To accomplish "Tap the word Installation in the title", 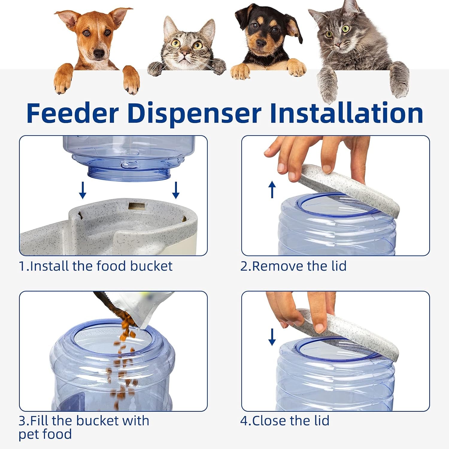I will (x=346, y=113).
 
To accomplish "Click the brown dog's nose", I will (x=98, y=54).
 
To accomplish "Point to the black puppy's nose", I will (x=261, y=44).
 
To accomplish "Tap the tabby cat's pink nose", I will (x=185, y=54).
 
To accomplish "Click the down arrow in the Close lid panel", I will (x=272, y=337).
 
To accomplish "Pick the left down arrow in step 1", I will (x=83, y=190).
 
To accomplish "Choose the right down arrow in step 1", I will (x=176, y=190).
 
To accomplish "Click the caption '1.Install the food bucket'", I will (x=96, y=266).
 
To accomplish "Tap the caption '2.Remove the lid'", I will (x=293, y=266).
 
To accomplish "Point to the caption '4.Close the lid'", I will (x=285, y=421).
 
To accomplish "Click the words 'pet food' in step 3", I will (x=45, y=434).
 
